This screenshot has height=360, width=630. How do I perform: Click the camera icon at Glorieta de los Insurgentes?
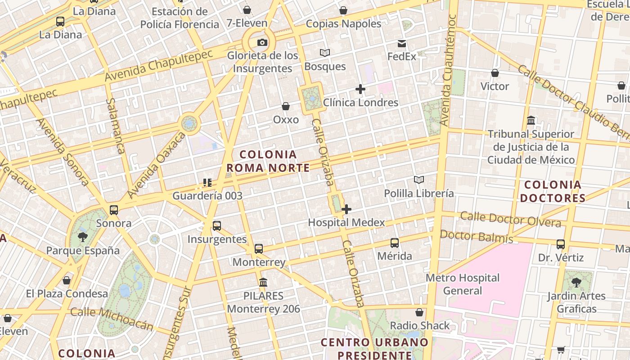[x=262, y=43]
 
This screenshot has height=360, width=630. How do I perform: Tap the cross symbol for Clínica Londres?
[x=360, y=89]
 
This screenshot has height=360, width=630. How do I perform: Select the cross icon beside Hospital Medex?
[x=346, y=209]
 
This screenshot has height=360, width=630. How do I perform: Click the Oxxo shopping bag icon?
[x=285, y=106]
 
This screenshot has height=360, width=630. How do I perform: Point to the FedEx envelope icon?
[x=401, y=44]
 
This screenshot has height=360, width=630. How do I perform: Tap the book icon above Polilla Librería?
[x=419, y=180]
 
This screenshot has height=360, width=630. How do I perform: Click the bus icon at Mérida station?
[x=395, y=243]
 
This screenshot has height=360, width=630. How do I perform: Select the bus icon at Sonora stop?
[x=114, y=210]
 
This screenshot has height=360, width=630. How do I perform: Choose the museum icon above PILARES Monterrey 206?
[x=263, y=283]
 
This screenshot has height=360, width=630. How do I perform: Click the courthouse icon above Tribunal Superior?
[x=531, y=121]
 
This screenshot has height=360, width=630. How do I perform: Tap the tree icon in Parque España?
[x=82, y=237]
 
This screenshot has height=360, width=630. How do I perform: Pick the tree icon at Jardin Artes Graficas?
[x=576, y=283]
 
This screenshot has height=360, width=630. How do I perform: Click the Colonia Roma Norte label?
[x=268, y=161]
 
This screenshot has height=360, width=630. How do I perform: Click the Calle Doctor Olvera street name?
[x=510, y=219]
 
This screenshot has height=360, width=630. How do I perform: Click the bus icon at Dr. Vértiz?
[x=561, y=244]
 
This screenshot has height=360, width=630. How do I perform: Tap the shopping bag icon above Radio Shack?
[x=419, y=312]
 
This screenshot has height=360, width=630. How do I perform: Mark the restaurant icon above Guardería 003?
[x=207, y=182]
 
